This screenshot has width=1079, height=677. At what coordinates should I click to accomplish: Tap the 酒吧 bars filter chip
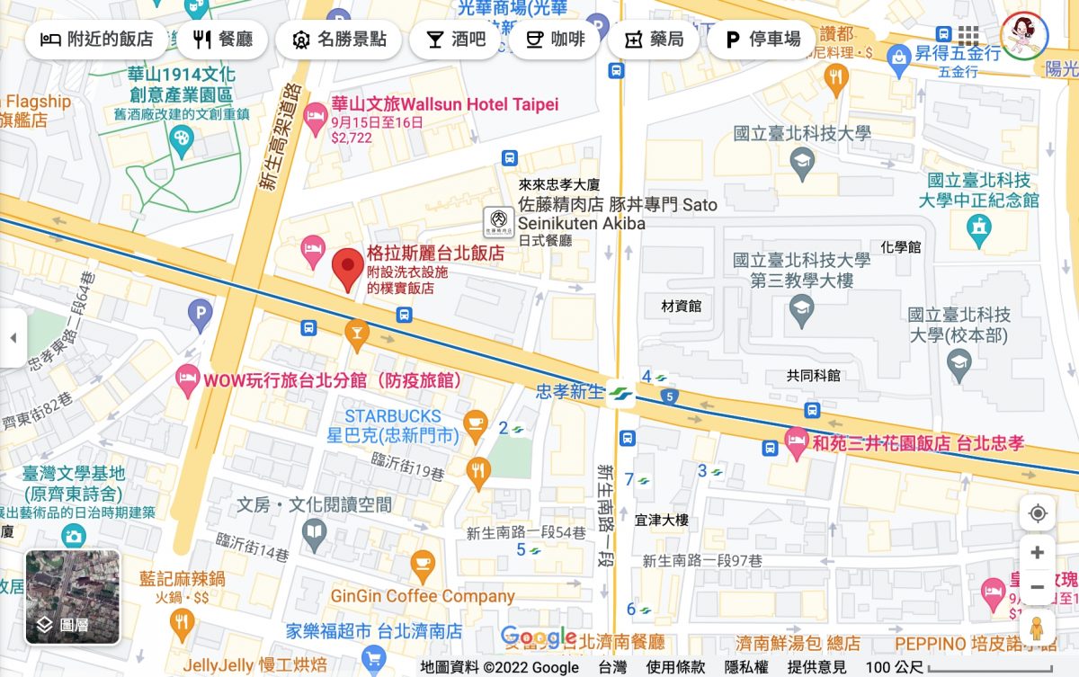[x=455, y=40]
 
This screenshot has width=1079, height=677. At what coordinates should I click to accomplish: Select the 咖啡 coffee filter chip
[x=555, y=40]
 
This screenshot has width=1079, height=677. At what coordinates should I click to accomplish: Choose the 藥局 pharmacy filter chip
[x=654, y=40]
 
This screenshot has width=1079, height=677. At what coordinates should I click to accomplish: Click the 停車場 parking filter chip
[x=762, y=40]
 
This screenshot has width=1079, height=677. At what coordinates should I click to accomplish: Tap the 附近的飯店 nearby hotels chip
[x=97, y=40]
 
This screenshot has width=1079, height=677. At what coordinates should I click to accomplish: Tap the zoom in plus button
[x=1038, y=552]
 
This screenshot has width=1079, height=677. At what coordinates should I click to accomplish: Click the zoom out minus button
[x=1038, y=587]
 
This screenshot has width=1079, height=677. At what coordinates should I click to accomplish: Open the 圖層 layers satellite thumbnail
[x=73, y=597]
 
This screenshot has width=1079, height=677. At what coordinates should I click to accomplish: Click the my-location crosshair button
[x=1038, y=513]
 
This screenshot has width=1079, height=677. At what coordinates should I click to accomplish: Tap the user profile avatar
[x=1024, y=36]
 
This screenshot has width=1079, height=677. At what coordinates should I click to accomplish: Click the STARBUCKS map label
[x=393, y=416]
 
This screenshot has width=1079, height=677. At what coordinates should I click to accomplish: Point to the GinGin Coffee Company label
[x=423, y=595]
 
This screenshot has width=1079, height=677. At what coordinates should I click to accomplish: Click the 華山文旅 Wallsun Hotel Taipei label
[x=444, y=104]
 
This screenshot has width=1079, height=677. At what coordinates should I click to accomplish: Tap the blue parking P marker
[x=200, y=313]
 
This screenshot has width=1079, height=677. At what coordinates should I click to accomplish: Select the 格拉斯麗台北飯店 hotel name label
[x=435, y=254]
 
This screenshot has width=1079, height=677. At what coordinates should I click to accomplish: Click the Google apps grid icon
[x=968, y=36]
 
